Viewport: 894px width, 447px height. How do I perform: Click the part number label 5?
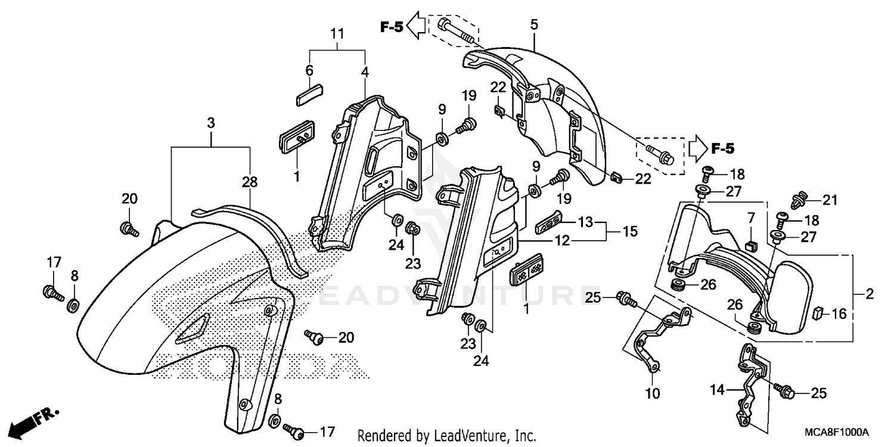(533, 24)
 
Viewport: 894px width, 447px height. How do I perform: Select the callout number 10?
(653, 393)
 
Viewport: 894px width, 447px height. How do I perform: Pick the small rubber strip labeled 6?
(309, 94)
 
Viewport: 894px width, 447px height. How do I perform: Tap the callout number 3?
(210, 123)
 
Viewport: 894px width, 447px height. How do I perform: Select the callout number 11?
(338, 34)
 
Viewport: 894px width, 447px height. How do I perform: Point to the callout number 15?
(631, 230)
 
